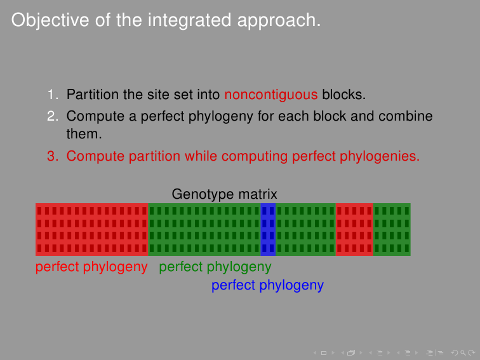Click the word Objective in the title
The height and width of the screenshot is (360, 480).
50,21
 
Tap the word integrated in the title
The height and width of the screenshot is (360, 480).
189,21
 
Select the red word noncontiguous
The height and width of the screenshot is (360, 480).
271,95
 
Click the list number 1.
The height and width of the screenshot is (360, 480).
53,94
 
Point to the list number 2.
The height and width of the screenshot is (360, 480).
53,116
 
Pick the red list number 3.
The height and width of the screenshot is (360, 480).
53,156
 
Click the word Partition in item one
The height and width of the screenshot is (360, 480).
92,94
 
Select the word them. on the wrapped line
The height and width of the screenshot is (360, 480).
84,134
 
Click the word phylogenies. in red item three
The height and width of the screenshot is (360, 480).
380,156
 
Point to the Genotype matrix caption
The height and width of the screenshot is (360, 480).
224,194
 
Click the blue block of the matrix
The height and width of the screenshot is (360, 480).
268,229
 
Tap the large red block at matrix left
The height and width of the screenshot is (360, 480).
92,229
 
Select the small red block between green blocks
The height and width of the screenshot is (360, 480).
354,229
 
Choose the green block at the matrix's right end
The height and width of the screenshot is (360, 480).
392,229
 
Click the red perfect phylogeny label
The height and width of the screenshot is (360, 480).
91,267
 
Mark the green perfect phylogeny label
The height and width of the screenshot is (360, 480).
215,267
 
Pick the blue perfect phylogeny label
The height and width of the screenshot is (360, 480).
267,285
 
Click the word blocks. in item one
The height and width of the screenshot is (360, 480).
343,94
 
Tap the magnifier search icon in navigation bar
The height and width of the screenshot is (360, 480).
463,353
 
